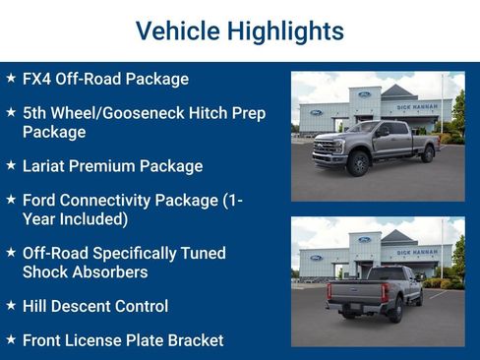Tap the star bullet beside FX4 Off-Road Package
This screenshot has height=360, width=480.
click(x=11, y=79)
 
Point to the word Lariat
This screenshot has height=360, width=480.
click(x=45, y=166)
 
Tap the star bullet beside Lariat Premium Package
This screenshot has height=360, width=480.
click(x=11, y=165)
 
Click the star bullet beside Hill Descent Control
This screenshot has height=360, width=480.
click(x=11, y=306)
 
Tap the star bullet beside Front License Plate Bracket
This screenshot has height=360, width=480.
click(x=11, y=339)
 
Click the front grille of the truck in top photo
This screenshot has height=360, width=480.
click(x=324, y=150)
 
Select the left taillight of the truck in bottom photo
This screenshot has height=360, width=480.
click(x=330, y=291)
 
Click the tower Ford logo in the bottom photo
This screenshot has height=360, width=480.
click(x=364, y=240)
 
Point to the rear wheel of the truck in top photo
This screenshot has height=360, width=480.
click(x=426, y=153)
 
